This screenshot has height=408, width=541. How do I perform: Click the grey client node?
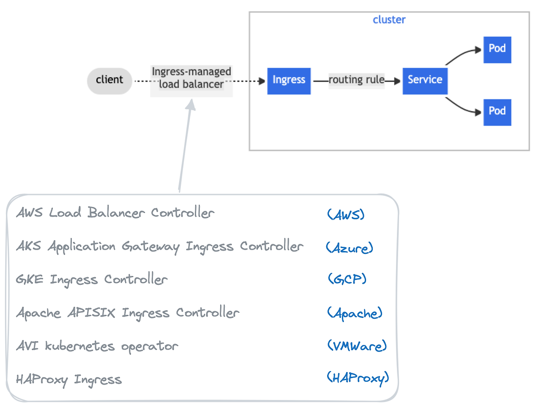coord(109,80)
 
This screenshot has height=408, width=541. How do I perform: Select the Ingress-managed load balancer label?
coord(191,78)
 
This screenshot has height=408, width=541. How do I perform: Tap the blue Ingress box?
coord(289,80)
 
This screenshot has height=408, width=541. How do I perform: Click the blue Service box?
coord(425,80)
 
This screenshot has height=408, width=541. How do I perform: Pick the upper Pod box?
coord(497,50)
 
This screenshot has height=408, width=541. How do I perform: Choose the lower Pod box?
coord(497,112)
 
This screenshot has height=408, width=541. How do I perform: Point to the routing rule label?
coord(356,80)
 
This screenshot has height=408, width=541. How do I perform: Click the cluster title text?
coord(389,20)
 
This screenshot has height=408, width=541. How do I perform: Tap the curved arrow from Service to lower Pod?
coord(461,107)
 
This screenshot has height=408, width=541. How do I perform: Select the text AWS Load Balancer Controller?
coord(115,212)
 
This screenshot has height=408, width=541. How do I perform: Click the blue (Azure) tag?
coord(350,248)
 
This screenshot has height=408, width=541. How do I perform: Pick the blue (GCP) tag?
coord(347,279)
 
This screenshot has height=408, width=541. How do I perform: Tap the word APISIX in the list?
coord(91,313)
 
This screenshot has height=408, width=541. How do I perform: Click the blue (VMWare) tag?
coord(357,346)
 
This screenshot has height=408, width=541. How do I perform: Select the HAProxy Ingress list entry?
coord(69,380)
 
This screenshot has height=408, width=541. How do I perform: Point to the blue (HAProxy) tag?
coord(358,378)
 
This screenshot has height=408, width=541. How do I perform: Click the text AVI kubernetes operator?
coord(97,346)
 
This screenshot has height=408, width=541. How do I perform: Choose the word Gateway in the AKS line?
coord(150,246)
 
